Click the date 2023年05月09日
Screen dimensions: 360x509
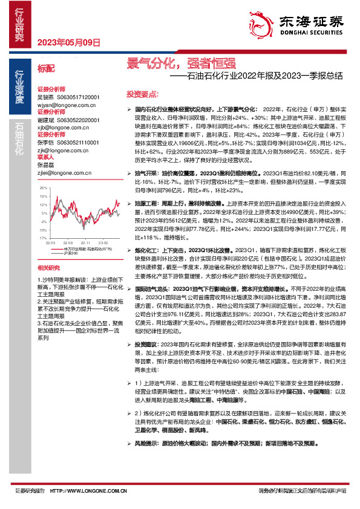(x=68, y=42)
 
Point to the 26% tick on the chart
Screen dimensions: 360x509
(x=42, y=188)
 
